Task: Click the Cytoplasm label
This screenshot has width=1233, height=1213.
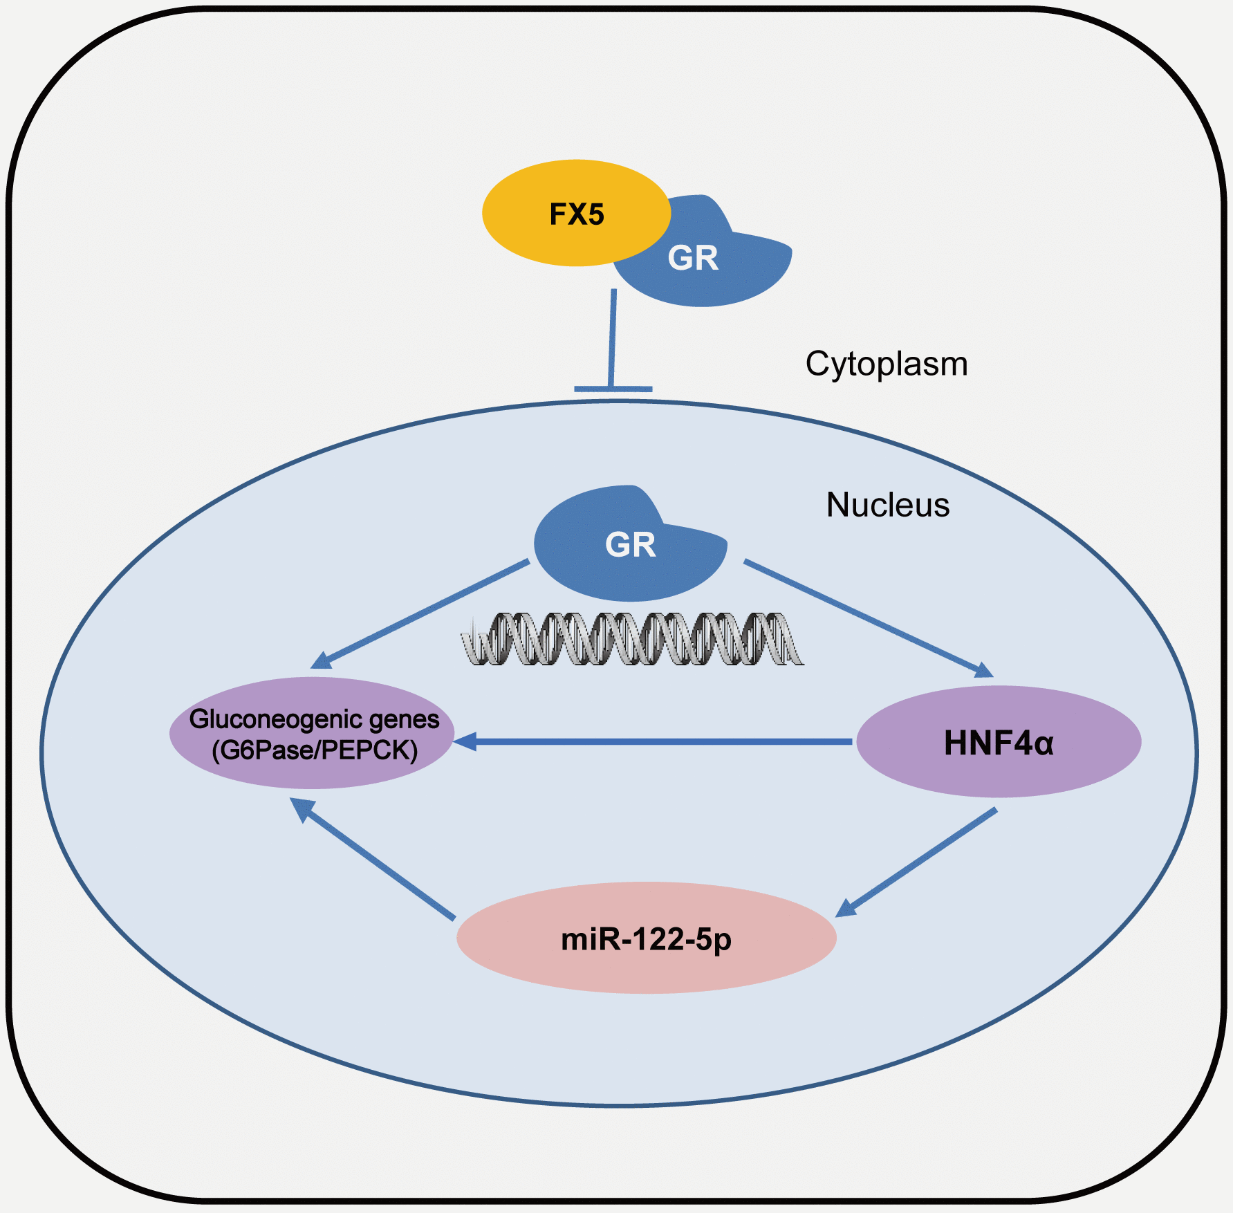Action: click(887, 364)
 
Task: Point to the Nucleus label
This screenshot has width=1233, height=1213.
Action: click(888, 505)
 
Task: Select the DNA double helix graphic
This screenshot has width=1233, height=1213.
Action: click(632, 639)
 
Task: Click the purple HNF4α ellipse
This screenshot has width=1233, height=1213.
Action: click(999, 742)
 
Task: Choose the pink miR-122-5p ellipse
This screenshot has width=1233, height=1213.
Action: click(646, 938)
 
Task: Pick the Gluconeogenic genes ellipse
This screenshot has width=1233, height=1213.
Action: click(313, 733)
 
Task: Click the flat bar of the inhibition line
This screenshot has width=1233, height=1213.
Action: click(613, 389)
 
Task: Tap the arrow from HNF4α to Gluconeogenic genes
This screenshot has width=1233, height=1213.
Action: click(657, 742)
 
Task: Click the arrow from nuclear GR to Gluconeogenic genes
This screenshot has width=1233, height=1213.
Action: click(422, 613)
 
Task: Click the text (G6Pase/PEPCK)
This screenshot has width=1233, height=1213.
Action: click(315, 750)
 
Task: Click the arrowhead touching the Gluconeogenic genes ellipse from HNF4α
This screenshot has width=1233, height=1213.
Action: click(465, 742)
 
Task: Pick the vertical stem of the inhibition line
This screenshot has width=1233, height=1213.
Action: click(613, 339)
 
